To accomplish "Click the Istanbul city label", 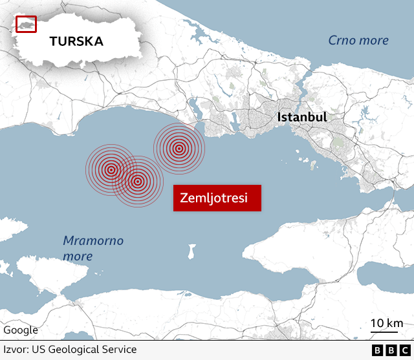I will coord(301,118).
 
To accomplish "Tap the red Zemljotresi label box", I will coord(217,198).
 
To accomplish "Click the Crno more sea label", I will coord(358,41).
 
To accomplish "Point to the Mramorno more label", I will coord(93,248).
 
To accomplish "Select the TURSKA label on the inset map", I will coord(76,41).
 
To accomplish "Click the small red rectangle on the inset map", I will coord(26,24).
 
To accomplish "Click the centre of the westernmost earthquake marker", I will coord(111,170).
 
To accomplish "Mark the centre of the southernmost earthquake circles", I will coord(138,182).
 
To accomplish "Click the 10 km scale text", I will coord(387,323).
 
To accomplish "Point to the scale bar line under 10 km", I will coord(387,333).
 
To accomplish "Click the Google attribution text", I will coord(21,330).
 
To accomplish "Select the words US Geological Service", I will coord(84,350).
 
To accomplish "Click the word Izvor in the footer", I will coord(16,350).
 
